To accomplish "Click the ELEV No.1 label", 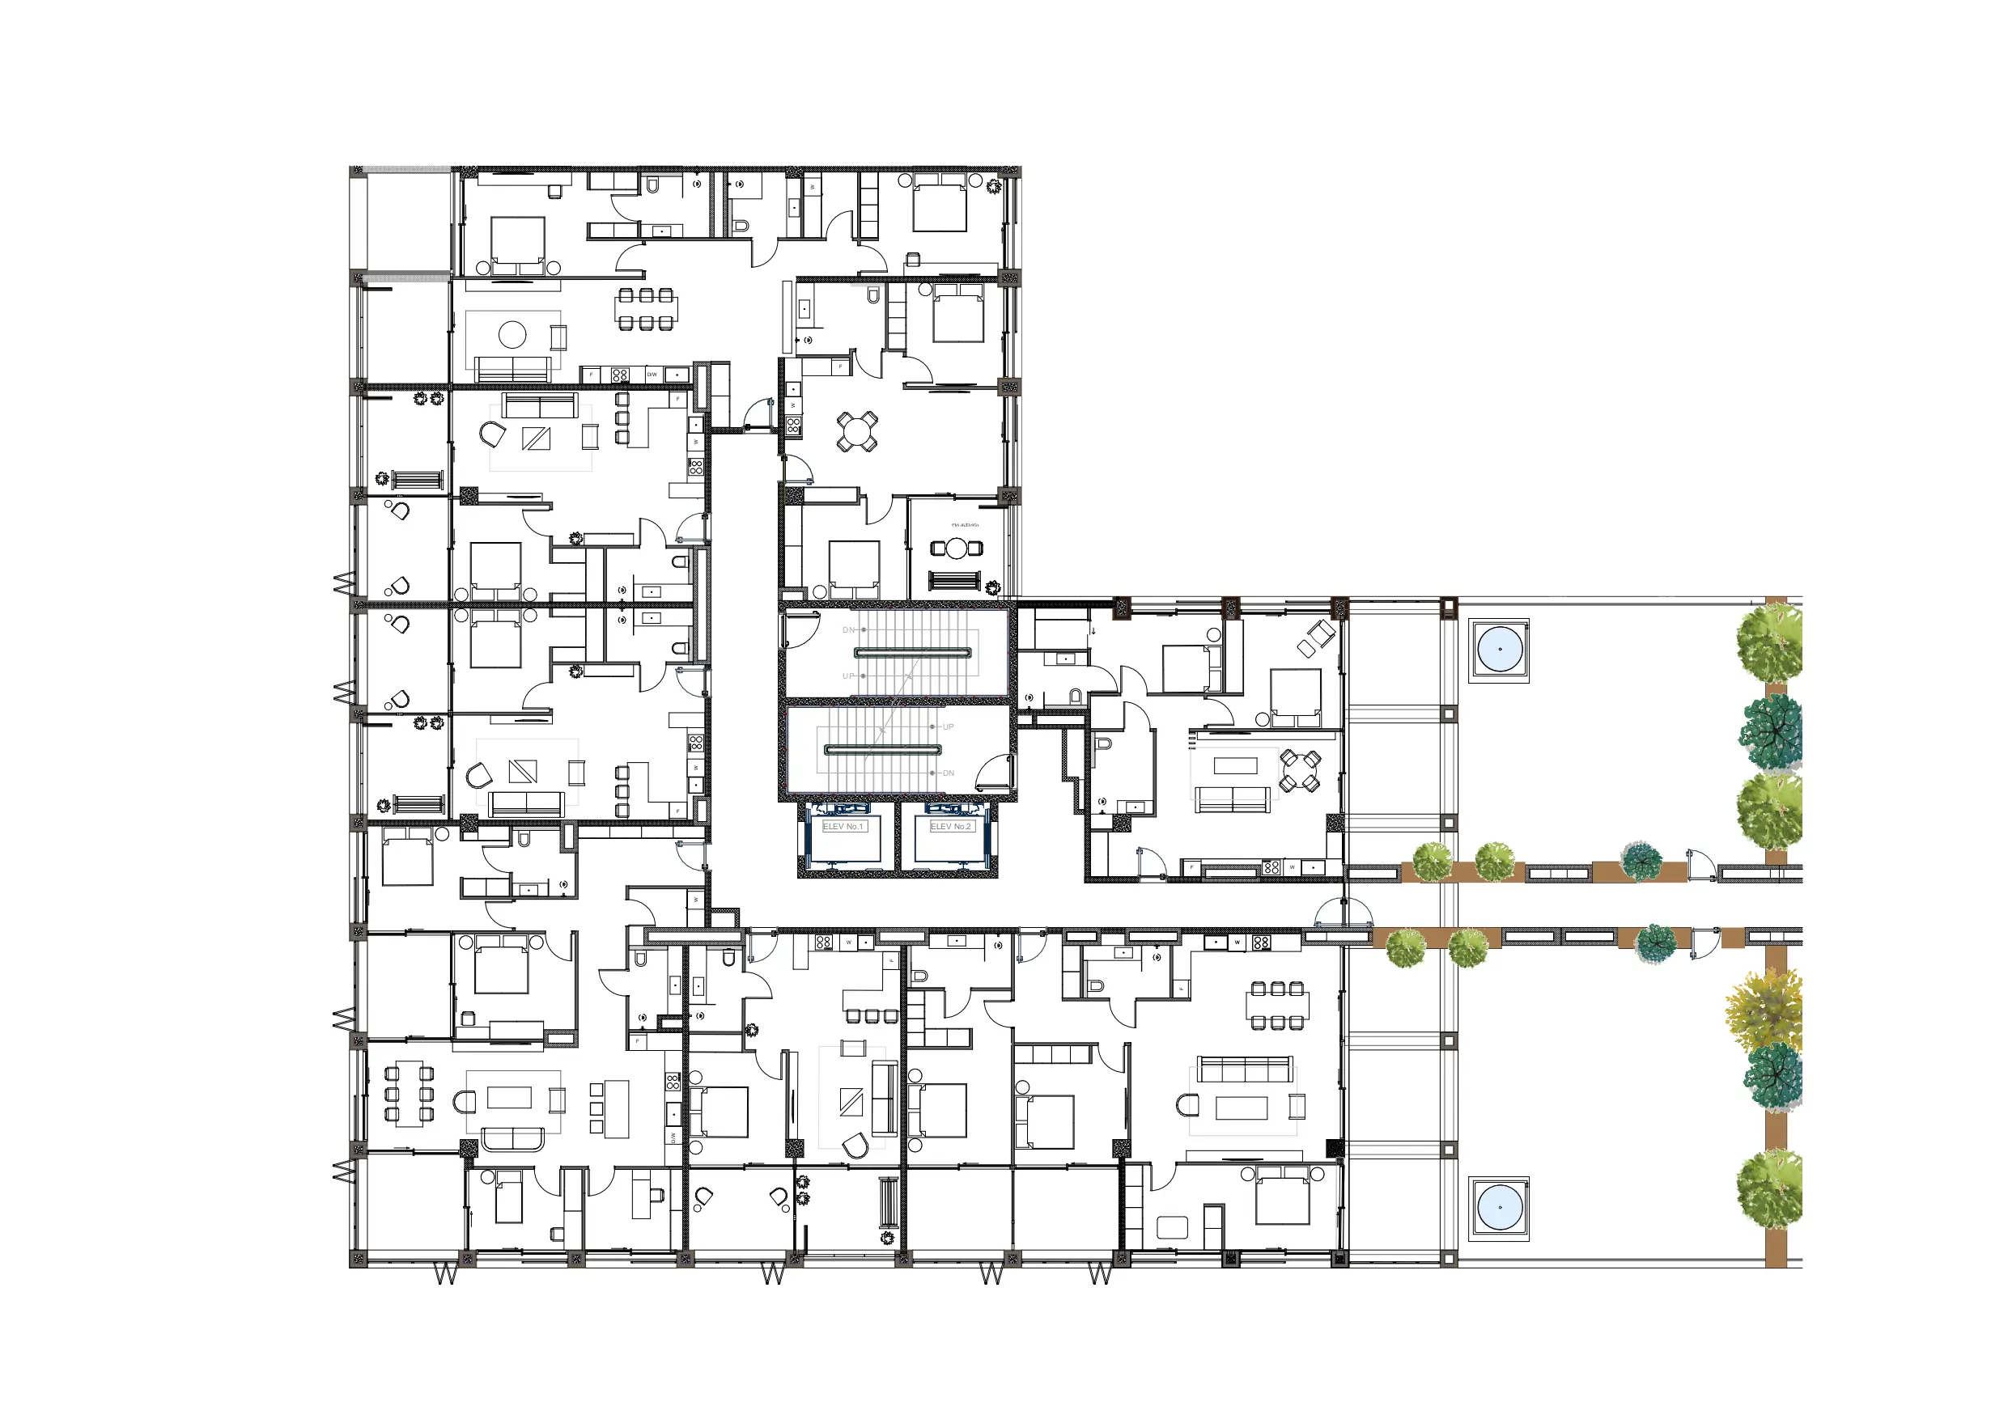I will (x=843, y=826).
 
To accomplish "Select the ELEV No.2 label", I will (x=951, y=826).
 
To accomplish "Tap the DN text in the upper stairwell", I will (x=847, y=629).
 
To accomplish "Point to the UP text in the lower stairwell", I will (x=948, y=726).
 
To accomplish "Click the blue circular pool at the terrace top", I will (x=1500, y=650).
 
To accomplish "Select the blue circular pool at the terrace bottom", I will (x=1500, y=1209).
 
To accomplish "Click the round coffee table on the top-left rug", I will (x=512, y=334).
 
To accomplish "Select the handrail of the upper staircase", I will (x=913, y=652).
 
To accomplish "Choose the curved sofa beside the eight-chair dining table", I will (x=513, y=1138).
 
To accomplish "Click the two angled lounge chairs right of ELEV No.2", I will (x=1315, y=637).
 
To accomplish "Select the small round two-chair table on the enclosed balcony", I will (x=957, y=549).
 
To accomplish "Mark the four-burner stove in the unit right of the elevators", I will (x=1271, y=867).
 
